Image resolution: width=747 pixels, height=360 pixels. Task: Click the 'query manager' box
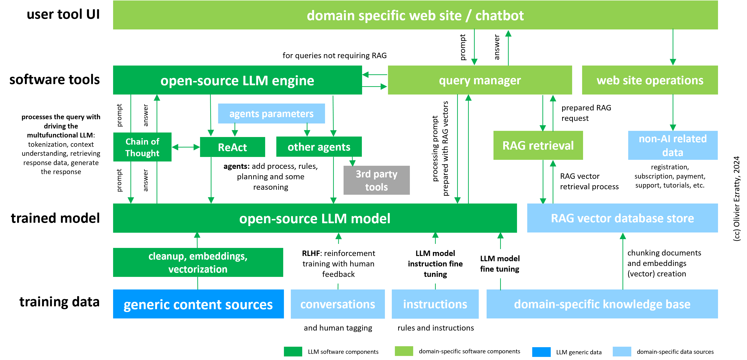tap(480, 80)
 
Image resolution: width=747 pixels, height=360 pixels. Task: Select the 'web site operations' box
tap(650, 80)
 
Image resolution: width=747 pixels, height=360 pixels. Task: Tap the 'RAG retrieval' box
tap(538, 145)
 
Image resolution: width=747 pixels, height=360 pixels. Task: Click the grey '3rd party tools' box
tap(376, 180)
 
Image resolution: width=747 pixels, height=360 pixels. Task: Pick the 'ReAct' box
tap(232, 147)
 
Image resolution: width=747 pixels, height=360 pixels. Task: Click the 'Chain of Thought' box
tap(142, 147)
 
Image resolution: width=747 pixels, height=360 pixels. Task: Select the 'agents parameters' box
tap(271, 114)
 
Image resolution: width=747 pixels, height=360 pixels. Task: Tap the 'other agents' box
tap(319, 147)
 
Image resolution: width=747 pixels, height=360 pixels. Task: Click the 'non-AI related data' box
tap(672, 145)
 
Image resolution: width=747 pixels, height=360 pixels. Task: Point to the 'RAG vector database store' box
tap(622, 218)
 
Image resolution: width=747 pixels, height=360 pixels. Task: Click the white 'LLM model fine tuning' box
tap(504, 264)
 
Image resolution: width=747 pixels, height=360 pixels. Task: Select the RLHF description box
tap(338, 264)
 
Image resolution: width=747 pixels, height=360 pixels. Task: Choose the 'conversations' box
tap(338, 304)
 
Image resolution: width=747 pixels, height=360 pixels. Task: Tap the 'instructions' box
tap(435, 304)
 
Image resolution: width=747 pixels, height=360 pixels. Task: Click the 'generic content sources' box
tap(198, 304)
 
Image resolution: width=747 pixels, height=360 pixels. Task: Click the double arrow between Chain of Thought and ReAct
tap(186, 147)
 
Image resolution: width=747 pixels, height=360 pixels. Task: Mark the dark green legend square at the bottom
tap(293, 351)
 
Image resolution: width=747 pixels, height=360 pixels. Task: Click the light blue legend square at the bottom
tap(622, 351)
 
